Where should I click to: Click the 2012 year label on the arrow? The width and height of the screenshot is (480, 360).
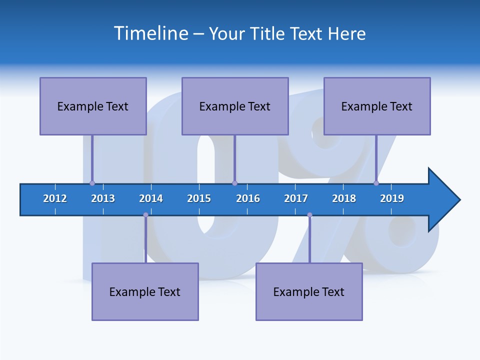coord(55,198)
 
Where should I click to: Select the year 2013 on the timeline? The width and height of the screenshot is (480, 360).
coord(103,198)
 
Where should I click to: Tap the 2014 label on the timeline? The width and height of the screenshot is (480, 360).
coord(151,198)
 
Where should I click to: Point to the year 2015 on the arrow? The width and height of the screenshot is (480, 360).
coord(199,198)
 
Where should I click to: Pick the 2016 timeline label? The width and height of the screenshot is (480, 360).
coord(248,198)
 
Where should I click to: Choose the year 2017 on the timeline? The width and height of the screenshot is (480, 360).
coord(296,198)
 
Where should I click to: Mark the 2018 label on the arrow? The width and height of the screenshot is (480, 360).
coord(344,198)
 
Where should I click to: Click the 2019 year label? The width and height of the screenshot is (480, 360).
coord(392,198)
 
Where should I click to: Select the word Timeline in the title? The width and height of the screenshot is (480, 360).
coord(151,33)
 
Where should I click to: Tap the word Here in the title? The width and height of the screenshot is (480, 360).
coord(346,33)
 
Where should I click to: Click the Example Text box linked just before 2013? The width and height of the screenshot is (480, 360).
coord(93,106)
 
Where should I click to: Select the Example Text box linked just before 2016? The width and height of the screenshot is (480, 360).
coord(235,106)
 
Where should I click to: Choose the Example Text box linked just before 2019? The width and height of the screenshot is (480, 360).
coord(377,106)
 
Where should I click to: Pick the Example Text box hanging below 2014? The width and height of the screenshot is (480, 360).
coord(145,291)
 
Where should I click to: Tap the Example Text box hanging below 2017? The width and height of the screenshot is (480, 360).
coord(309,291)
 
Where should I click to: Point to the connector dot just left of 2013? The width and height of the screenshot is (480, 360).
coord(92,183)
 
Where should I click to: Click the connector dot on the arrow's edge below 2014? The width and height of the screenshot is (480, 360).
coord(145,215)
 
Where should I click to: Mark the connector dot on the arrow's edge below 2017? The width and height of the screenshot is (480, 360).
coord(309,215)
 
